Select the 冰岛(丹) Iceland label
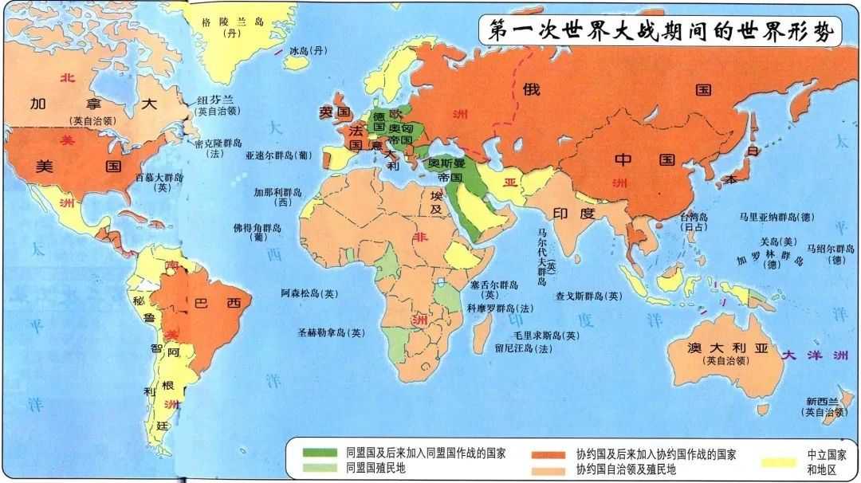(309, 51)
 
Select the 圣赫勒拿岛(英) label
(332, 332)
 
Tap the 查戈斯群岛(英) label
(588, 296)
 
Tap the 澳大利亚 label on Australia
(727, 348)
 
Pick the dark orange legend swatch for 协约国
(550, 454)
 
